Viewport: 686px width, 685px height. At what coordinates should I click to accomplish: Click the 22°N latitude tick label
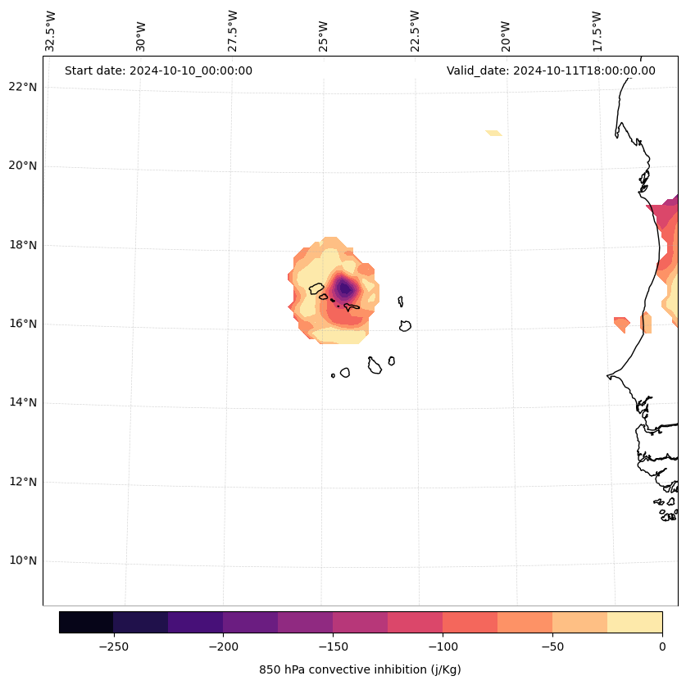[22, 87]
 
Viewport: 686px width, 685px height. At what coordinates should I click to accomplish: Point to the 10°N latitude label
[22, 561]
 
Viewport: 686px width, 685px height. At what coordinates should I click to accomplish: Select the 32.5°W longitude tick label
[51, 31]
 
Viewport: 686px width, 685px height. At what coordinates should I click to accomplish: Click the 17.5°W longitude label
[596, 31]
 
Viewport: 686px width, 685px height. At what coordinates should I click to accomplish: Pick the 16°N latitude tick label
[22, 324]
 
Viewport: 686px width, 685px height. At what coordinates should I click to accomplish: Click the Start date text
[158, 70]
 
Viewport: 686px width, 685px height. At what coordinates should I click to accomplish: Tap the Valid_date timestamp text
[551, 70]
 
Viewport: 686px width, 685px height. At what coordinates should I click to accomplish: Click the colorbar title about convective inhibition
[360, 669]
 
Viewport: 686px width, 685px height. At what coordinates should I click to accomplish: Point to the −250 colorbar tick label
[113, 646]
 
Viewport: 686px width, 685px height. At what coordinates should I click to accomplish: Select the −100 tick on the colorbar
[443, 646]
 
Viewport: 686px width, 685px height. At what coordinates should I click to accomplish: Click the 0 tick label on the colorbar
[661, 646]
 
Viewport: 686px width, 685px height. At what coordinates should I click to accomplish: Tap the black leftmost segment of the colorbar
[86, 622]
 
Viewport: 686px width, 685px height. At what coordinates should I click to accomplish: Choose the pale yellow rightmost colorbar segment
[634, 622]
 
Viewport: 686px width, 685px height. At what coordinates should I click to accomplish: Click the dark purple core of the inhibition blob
[345, 288]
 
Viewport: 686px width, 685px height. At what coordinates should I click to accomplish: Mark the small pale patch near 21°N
[493, 133]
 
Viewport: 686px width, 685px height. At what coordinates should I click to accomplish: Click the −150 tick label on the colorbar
[333, 646]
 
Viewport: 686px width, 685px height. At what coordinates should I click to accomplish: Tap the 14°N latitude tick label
[22, 402]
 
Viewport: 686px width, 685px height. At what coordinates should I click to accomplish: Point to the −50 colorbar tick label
[552, 646]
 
